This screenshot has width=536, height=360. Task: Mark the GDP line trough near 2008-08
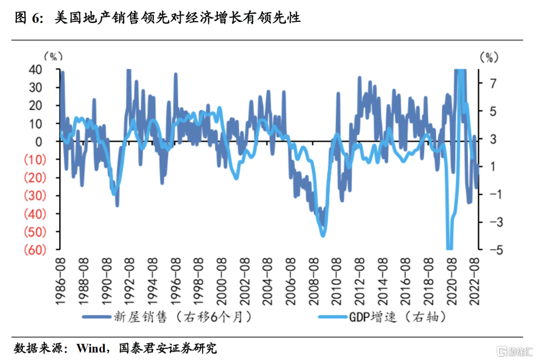click(323, 235)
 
